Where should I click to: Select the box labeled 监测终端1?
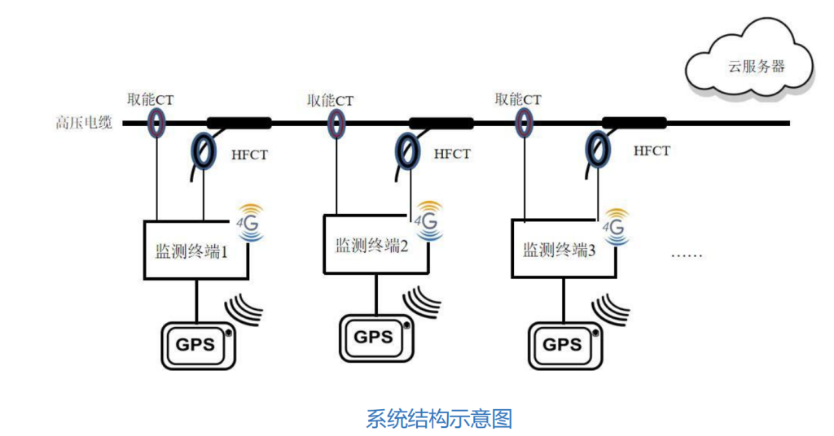191,250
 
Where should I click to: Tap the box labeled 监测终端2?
371,245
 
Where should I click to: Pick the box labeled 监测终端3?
559,249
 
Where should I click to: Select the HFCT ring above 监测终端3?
601,150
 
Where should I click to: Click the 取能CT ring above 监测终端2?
336,124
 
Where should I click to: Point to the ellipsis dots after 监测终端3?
686,255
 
